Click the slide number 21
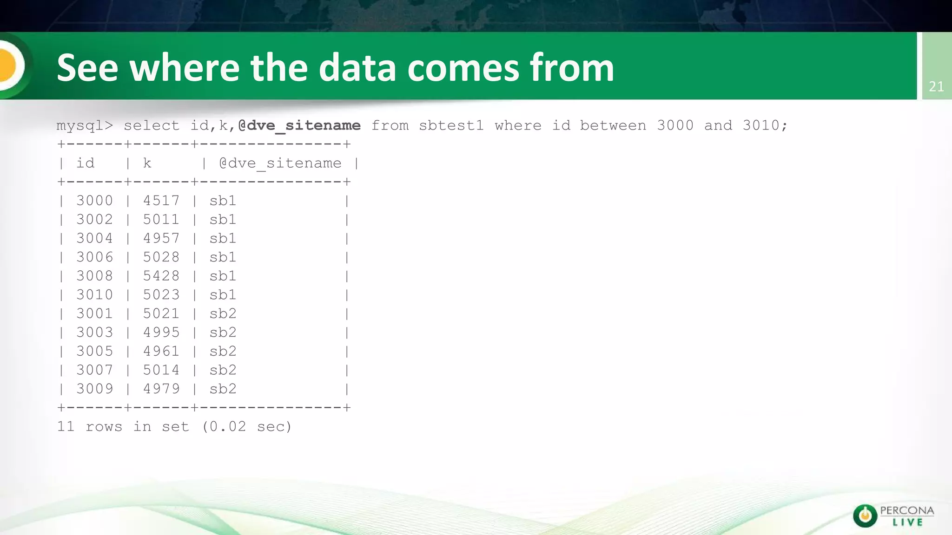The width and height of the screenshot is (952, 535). pyautogui.click(x=936, y=86)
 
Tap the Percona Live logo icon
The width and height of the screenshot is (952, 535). pyautogui.click(x=865, y=515)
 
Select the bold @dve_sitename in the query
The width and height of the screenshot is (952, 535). pyautogui.click(x=299, y=125)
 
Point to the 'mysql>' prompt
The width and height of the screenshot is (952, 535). pyautogui.click(x=85, y=125)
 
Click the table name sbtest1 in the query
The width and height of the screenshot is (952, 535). pyautogui.click(x=451, y=125)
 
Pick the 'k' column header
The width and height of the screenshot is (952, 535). pyautogui.click(x=147, y=163)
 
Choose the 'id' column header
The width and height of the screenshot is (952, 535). pyautogui.click(x=85, y=163)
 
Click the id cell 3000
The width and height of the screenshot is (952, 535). pyautogui.click(x=94, y=201)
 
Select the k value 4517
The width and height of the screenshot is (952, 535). pyautogui.click(x=161, y=201)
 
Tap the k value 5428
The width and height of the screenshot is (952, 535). pyautogui.click(x=161, y=276)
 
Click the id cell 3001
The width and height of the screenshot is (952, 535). pyautogui.click(x=94, y=313)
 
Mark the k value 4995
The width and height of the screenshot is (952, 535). pyautogui.click(x=161, y=333)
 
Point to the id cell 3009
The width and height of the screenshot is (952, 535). pyautogui.click(x=94, y=389)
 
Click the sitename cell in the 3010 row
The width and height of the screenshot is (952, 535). pyautogui.click(x=223, y=295)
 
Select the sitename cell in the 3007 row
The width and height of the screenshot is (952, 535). pyautogui.click(x=223, y=370)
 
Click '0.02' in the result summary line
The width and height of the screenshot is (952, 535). pyautogui.click(x=227, y=426)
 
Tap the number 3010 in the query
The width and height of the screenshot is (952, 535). pyautogui.click(x=760, y=125)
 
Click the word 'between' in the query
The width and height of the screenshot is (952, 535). pyautogui.click(x=613, y=125)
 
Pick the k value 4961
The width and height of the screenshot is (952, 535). pyautogui.click(x=161, y=351)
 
